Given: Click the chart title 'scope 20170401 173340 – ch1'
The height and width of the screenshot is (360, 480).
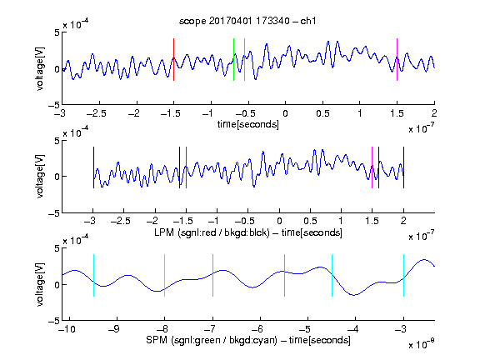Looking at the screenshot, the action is (x=247, y=21).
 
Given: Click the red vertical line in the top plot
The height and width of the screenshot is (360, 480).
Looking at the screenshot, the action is (x=174, y=60).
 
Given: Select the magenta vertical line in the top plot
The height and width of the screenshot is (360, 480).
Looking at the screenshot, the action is (x=397, y=60).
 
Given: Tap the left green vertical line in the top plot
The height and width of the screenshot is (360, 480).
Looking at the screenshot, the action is (x=233, y=60).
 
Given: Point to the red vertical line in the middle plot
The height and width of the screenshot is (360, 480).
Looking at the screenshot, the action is (x=186, y=167).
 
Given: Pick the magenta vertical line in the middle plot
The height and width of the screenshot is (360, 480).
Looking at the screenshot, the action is (x=372, y=167).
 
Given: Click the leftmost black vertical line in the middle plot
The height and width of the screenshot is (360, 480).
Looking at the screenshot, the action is (x=93, y=167).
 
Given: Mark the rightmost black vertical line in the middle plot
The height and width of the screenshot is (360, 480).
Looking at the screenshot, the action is (x=404, y=167).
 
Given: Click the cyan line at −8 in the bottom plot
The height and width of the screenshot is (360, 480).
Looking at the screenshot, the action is (x=165, y=275).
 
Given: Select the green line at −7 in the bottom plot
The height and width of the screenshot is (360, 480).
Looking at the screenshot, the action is (x=212, y=275).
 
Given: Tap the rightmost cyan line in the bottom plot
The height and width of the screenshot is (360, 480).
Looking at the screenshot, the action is (x=404, y=275).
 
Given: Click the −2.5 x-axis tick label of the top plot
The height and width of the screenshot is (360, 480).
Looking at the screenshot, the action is (x=97, y=114).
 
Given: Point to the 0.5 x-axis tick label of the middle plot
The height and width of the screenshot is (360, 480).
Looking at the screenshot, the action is (x=310, y=221).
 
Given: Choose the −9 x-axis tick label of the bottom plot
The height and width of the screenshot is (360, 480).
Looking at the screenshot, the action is (x=114, y=329).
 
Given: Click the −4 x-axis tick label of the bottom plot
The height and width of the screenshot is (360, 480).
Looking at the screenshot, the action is (x=353, y=329).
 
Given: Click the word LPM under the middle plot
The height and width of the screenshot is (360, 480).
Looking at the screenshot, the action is (x=164, y=232).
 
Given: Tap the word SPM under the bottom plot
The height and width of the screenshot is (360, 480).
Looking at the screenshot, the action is (x=157, y=340).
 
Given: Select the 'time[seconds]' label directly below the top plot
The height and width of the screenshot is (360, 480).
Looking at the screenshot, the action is (x=248, y=124).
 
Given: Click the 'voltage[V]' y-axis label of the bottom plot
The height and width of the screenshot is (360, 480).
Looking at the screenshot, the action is (x=40, y=284).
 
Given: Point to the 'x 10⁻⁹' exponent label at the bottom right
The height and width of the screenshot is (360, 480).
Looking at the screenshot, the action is (x=422, y=343).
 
